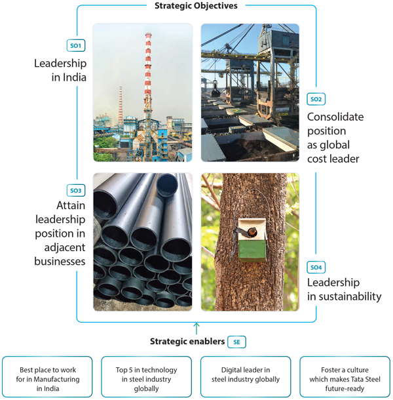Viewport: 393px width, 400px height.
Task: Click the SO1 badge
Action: pyautogui.click(x=76, y=46)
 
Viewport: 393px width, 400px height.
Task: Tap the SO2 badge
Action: pyautogui.click(x=316, y=99)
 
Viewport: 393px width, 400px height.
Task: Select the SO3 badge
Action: pyautogui.click(x=76, y=190)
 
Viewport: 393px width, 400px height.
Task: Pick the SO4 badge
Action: pyautogui.click(x=316, y=268)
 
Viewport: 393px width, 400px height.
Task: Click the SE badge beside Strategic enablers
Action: pyautogui.click(x=236, y=342)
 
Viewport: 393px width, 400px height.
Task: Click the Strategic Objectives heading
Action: pyautogui.click(x=196, y=6)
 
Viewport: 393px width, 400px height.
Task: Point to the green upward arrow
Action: pyautogui.click(x=196, y=329)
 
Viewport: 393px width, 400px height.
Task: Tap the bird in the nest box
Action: pyautogui.click(x=252, y=232)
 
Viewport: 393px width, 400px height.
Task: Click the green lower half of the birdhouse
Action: pyautogui.click(x=252, y=250)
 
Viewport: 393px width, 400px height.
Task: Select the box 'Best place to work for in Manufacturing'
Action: pyautogui.click(x=47, y=377)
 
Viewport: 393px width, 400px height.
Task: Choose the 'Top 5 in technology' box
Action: pyautogui.click(x=146, y=377)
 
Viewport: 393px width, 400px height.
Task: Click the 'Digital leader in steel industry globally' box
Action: pyautogui.click(x=246, y=377)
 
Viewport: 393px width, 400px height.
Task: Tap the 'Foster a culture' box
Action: pyautogui.click(x=345, y=377)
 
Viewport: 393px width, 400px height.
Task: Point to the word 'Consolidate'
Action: pyautogui.click(x=335, y=117)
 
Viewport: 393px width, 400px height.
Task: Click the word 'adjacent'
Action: pyautogui.click(x=65, y=248)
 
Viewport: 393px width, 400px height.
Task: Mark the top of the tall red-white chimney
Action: pyautogui.click(x=148, y=34)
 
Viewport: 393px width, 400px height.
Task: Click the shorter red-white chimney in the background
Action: pyautogui.click(x=121, y=106)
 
